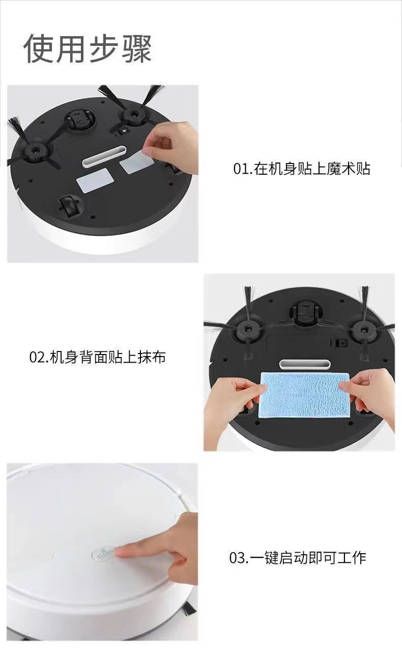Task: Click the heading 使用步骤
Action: [x=88, y=49]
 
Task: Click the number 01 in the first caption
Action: [x=240, y=169]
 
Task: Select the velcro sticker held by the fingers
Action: [x=136, y=162]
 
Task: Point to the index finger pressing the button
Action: [x=135, y=550]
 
